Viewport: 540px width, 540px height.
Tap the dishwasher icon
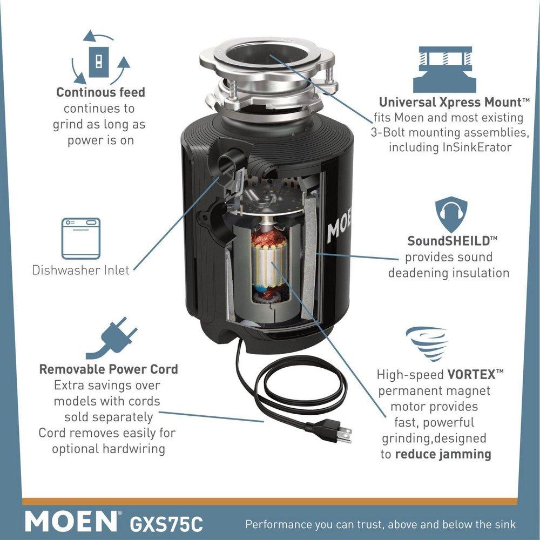pyautogui.click(x=80, y=239)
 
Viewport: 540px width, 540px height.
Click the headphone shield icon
pyautogui.click(x=451, y=215)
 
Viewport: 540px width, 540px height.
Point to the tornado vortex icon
pyautogui.click(x=427, y=343)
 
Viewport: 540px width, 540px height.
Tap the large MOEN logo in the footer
pyautogui.click(x=70, y=522)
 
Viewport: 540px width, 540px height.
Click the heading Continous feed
pyautogui.click(x=101, y=92)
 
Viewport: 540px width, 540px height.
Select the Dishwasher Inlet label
pyautogui.click(x=80, y=270)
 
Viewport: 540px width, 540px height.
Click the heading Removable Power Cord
pyautogui.click(x=109, y=370)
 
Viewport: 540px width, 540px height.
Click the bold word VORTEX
pyautogui.click(x=467, y=374)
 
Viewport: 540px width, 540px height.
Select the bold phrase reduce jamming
pyautogui.click(x=443, y=454)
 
